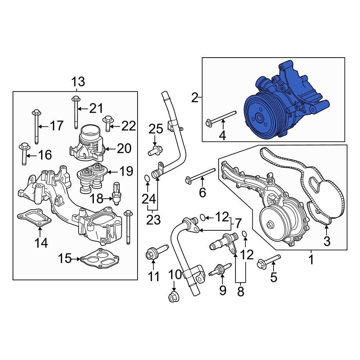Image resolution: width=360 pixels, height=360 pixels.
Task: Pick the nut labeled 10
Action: [x=173, y=297]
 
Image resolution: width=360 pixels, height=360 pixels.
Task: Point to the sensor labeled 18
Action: [x=116, y=193]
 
